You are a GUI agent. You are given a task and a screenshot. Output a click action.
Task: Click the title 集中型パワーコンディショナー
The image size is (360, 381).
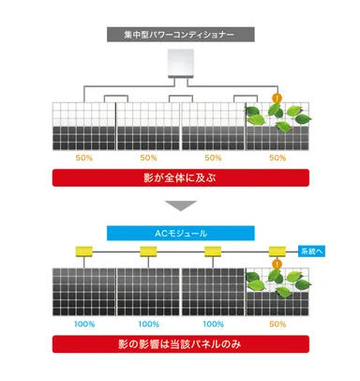pos(179,35)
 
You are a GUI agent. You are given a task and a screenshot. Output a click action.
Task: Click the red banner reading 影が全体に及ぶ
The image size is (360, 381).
pos(179,176)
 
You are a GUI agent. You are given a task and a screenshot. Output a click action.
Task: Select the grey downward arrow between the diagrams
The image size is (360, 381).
pos(179,206)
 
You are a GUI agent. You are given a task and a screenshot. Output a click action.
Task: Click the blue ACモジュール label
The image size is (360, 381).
pos(179,233)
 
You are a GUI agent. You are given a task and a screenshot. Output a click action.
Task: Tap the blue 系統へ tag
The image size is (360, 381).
pos(313,251)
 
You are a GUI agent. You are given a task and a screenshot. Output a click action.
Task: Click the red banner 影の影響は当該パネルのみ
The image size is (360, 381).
pos(179,346)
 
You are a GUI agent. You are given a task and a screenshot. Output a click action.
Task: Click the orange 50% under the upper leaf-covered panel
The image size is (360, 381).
pos(277,158)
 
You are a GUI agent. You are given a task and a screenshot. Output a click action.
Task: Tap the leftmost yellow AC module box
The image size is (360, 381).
pos(82,251)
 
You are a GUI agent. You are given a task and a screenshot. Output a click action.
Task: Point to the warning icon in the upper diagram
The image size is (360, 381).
pos(277,96)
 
